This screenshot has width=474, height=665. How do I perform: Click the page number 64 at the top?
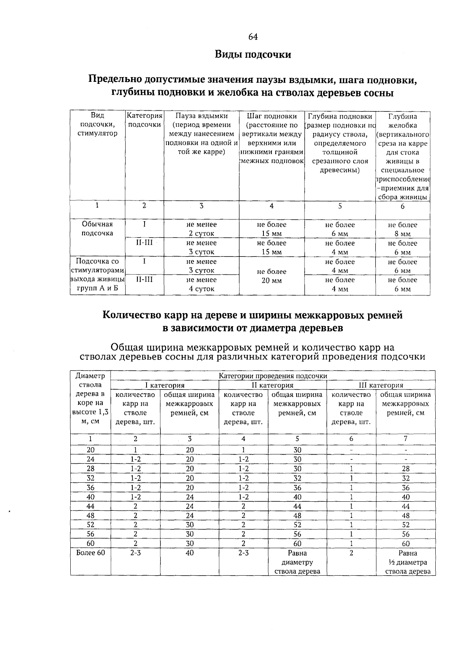[x=253, y=37]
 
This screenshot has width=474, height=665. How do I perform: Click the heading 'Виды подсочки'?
[x=253, y=55]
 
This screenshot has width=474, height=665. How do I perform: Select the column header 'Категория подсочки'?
[x=145, y=120]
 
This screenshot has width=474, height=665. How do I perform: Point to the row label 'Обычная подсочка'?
[x=97, y=229]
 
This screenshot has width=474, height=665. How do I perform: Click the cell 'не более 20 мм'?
[x=271, y=276]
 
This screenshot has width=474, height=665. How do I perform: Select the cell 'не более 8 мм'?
[x=403, y=229]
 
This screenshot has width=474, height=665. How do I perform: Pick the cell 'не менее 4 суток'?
[x=201, y=284]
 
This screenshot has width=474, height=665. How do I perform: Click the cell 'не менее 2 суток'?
[x=201, y=229]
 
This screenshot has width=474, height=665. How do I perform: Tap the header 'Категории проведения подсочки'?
[x=273, y=376]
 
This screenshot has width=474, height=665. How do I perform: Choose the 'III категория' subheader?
[x=380, y=385]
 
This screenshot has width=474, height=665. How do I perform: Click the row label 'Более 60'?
[x=90, y=553]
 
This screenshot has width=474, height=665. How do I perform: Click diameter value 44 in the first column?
[x=91, y=506]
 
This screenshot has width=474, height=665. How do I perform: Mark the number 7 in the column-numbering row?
[x=405, y=439]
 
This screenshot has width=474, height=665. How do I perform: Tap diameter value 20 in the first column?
[x=91, y=450]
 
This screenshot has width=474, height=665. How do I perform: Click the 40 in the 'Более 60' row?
[x=190, y=553]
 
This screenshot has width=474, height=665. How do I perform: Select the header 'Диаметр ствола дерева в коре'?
[x=90, y=398]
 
